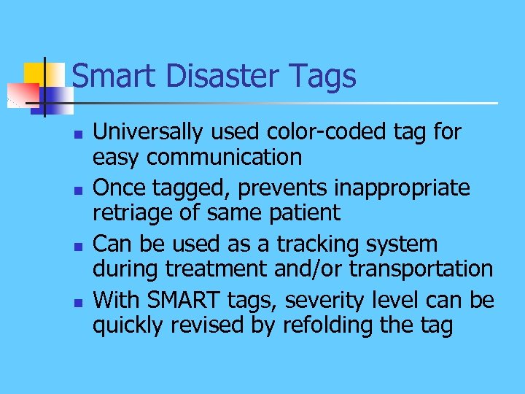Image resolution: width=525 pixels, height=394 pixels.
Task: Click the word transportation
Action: point(421,269)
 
